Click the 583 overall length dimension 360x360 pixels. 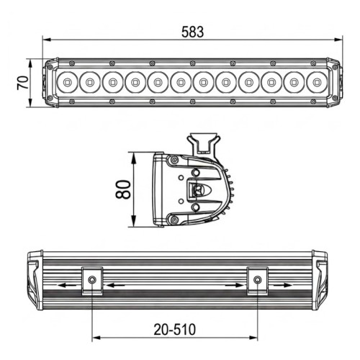192,32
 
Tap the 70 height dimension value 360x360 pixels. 22,83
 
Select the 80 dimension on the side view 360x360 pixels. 123,189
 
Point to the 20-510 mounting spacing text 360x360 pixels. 175,330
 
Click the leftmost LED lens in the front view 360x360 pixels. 67,82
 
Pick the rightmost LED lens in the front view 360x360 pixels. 317,82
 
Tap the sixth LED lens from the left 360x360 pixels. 181,82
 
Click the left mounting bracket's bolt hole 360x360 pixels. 92,279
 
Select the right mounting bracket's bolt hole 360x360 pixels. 257,279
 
